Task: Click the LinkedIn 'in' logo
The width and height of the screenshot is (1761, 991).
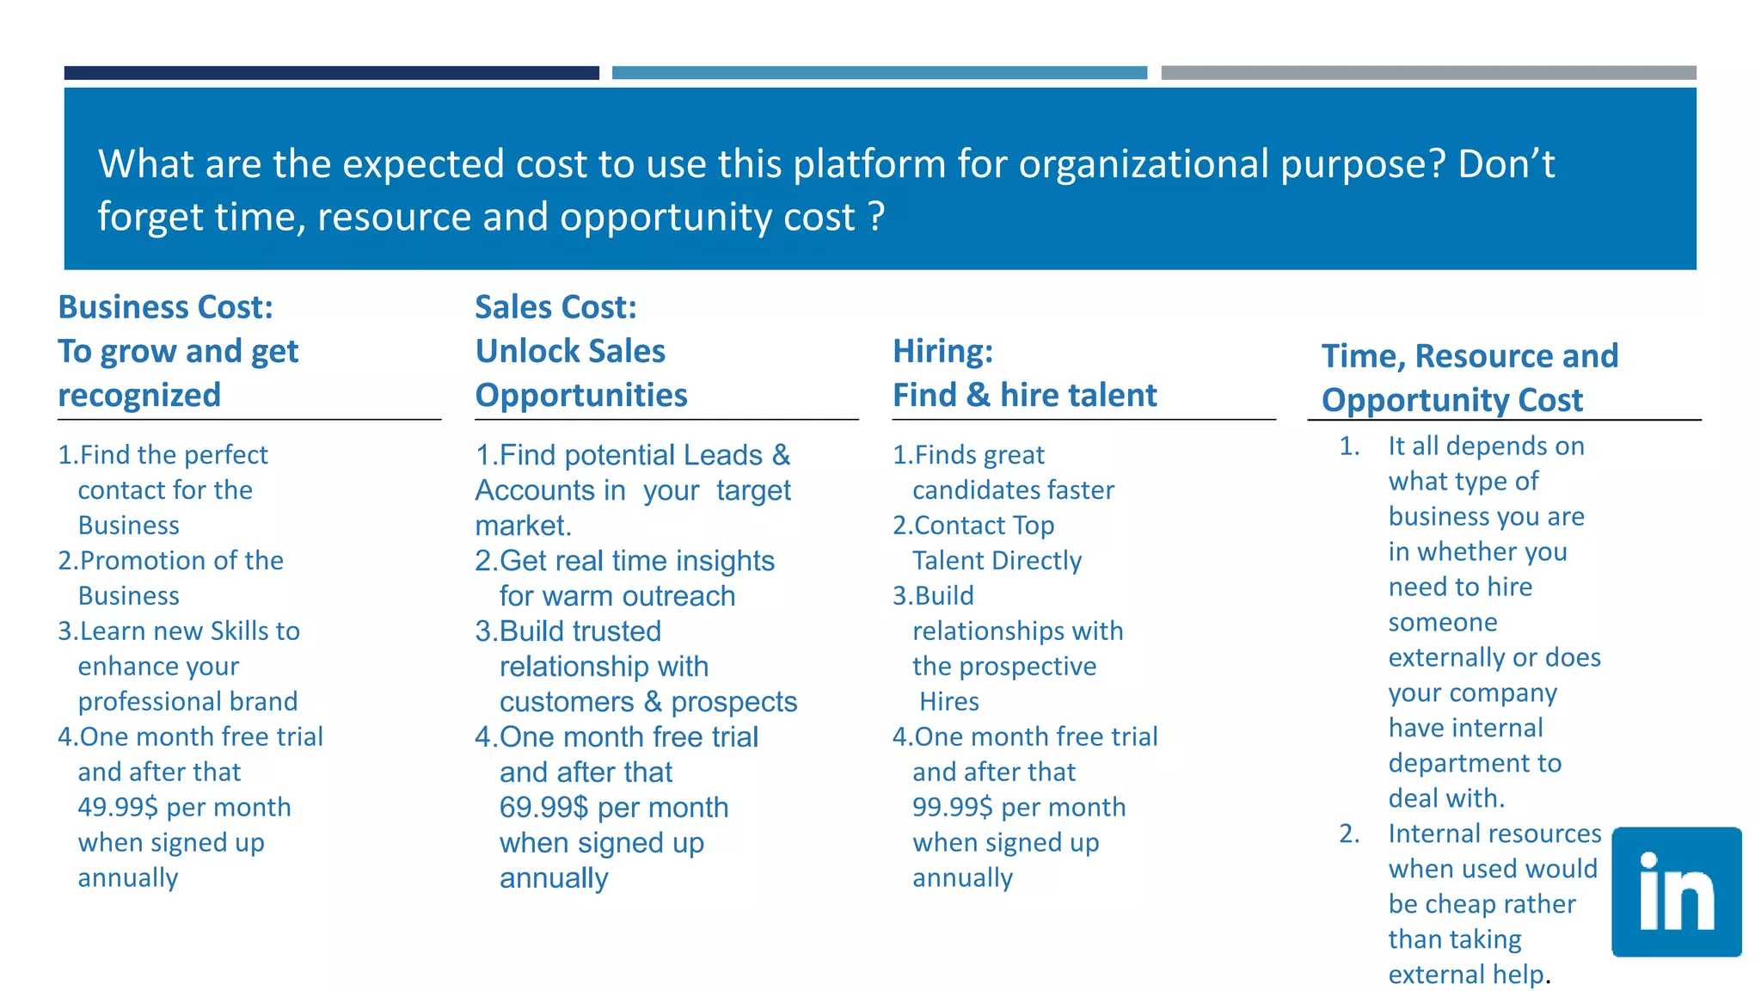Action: click(1676, 892)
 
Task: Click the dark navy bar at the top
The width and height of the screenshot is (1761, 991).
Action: click(331, 73)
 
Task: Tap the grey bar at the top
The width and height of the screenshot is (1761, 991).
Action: click(1428, 73)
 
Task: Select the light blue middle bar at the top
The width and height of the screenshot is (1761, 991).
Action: click(879, 73)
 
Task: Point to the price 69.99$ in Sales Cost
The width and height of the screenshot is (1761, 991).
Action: click(543, 807)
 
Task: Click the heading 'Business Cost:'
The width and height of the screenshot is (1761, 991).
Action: click(165, 307)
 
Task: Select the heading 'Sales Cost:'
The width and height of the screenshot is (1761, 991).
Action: click(555, 307)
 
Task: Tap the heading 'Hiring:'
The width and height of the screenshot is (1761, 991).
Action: click(942, 351)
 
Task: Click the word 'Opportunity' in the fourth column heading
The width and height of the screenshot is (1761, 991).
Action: click(1407, 400)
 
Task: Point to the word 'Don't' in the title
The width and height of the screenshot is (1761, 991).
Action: click(1506, 163)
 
